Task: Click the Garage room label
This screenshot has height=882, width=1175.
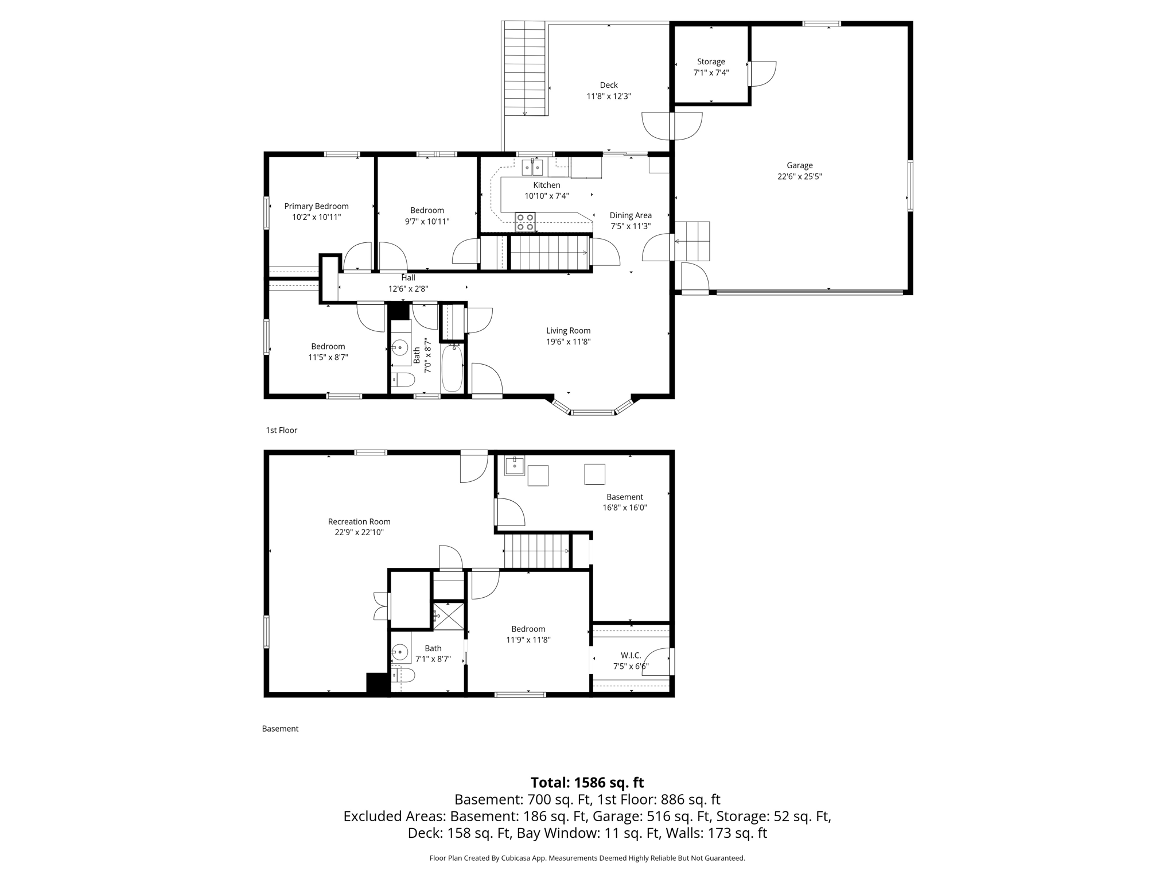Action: tap(799, 165)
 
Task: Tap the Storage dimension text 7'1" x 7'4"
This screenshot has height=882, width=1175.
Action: tap(711, 73)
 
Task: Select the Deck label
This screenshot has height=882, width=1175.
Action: tap(609, 85)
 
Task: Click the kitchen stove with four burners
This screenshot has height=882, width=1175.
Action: tap(525, 222)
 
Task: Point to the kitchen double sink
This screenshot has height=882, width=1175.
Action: tap(532, 167)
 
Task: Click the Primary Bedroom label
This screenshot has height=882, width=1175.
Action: tap(316, 206)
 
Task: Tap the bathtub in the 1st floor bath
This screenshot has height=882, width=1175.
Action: tap(452, 367)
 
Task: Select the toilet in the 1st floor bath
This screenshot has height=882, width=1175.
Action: tap(403, 379)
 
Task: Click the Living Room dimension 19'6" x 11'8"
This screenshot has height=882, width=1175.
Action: tap(568, 342)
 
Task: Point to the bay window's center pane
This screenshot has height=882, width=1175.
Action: tap(593, 412)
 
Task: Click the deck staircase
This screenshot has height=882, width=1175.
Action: tap(524, 69)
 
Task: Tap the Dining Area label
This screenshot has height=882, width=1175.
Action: tap(630, 215)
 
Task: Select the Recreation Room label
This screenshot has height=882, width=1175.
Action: tap(359, 521)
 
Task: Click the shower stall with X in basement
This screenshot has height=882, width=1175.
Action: tap(448, 616)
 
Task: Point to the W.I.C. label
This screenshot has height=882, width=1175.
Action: tap(631, 655)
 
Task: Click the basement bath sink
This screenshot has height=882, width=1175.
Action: tap(399, 652)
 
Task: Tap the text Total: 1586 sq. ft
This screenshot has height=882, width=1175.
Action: tap(587, 783)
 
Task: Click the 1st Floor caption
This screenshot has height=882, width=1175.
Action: tap(281, 430)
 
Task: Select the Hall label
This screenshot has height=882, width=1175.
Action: tap(408, 278)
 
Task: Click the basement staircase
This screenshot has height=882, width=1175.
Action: tap(536, 551)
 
